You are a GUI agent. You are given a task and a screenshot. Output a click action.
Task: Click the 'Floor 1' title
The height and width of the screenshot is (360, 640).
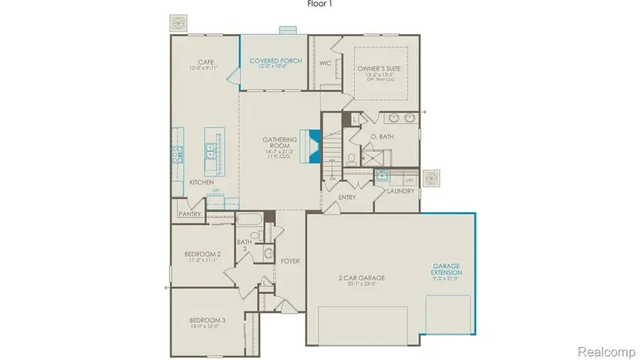point(320,4)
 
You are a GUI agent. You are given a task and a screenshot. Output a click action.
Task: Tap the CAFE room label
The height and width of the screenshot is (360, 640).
point(206,62)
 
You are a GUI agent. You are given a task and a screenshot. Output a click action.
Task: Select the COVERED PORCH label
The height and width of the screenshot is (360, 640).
point(276,61)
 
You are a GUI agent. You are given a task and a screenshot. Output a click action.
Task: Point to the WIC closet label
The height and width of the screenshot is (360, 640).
point(326,63)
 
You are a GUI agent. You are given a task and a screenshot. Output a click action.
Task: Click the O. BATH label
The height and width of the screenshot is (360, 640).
point(382,136)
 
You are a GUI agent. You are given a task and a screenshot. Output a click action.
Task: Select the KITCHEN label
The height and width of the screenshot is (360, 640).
point(201,183)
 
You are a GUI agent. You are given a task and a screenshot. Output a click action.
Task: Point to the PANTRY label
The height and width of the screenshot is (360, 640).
point(190,213)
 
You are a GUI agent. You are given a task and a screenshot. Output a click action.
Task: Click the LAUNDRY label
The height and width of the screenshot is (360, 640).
point(400,191)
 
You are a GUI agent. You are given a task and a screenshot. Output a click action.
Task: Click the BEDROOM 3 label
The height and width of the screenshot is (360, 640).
point(208,321)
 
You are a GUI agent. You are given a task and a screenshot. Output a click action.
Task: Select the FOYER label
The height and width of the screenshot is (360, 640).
point(289,261)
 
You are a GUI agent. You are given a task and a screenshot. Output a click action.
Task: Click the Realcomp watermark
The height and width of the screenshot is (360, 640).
point(605,351)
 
